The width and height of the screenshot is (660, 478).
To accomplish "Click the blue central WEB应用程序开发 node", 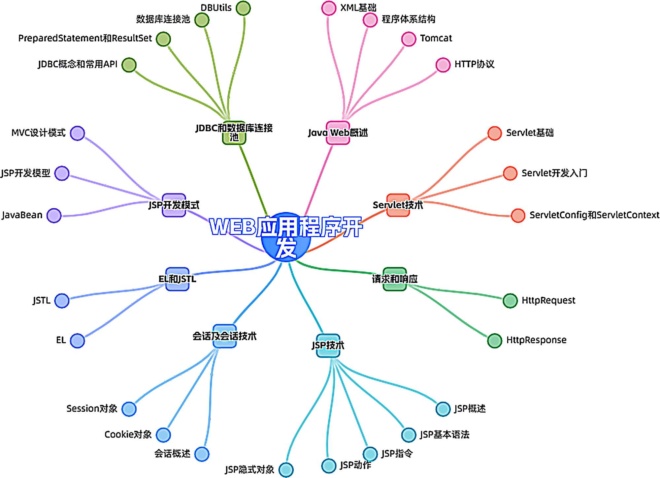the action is (x=286, y=238).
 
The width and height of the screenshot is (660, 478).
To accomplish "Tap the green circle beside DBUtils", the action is (x=243, y=8).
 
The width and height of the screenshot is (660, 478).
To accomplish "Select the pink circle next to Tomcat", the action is (x=409, y=39).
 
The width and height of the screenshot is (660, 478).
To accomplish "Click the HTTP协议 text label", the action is (x=474, y=64).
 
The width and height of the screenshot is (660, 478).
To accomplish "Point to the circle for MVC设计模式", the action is (x=78, y=133).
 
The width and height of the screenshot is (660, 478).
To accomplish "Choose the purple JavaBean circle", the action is (x=54, y=216).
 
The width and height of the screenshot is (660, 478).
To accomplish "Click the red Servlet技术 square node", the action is (x=398, y=205).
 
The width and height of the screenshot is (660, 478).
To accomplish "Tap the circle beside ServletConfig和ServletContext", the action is (x=518, y=216).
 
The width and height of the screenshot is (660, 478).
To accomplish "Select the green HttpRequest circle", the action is (x=510, y=301).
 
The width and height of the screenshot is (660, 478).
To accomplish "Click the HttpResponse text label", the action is (x=536, y=340).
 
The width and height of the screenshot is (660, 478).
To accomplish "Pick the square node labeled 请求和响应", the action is (x=395, y=279).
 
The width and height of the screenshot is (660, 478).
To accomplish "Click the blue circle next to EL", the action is (x=78, y=341).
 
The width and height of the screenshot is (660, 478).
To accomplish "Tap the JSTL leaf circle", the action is (x=62, y=301).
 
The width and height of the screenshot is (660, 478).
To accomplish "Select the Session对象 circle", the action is (x=129, y=409).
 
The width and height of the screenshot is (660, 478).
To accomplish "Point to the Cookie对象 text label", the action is (x=128, y=435).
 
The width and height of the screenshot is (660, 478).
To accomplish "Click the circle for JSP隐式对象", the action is (x=286, y=469).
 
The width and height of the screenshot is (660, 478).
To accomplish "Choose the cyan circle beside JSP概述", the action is (x=443, y=409).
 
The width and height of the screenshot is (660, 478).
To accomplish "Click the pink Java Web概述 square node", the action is (x=338, y=133).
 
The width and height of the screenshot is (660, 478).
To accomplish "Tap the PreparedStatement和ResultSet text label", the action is (x=85, y=39).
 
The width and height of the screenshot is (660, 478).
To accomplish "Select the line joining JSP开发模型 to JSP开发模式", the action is (x=109, y=187).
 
